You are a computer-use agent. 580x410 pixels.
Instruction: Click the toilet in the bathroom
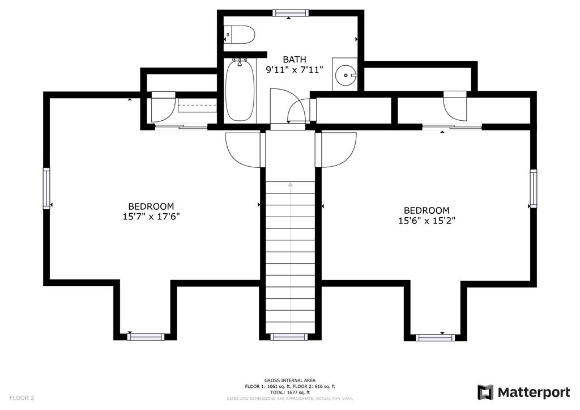click(x=239, y=35)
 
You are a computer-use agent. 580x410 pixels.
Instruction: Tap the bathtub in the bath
click(x=240, y=91)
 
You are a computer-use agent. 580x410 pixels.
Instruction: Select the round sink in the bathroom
click(x=345, y=74)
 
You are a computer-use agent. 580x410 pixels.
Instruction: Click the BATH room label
click(x=295, y=60)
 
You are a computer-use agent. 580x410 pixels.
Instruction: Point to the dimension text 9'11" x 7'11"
click(x=295, y=70)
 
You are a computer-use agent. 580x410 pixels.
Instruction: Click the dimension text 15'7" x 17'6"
click(x=151, y=217)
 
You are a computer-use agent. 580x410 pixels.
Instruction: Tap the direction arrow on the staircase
click(x=291, y=184)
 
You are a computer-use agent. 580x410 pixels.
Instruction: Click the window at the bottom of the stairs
click(x=289, y=337)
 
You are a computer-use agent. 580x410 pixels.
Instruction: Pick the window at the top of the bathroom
click(x=290, y=13)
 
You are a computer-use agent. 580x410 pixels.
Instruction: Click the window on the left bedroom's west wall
click(x=46, y=188)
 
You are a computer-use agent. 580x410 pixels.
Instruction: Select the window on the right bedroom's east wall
click(x=534, y=188)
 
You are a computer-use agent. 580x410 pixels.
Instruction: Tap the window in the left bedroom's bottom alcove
click(x=146, y=337)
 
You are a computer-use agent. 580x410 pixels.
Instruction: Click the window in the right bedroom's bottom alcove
click(x=436, y=337)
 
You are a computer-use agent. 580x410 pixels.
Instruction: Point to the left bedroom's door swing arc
click(x=242, y=150)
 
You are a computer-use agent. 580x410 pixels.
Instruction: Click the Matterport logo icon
click(x=485, y=392)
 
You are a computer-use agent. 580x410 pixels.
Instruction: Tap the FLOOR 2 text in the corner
click(x=22, y=398)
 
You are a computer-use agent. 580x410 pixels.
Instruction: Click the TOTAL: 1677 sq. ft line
click(x=289, y=392)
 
